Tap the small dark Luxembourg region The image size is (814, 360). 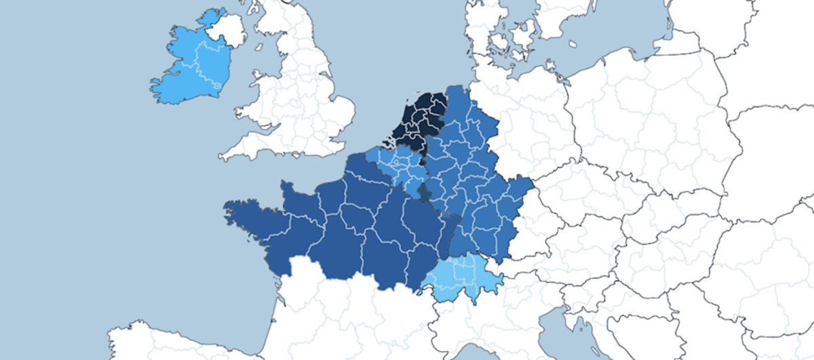point(424,195)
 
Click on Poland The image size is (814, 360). point(651,115)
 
